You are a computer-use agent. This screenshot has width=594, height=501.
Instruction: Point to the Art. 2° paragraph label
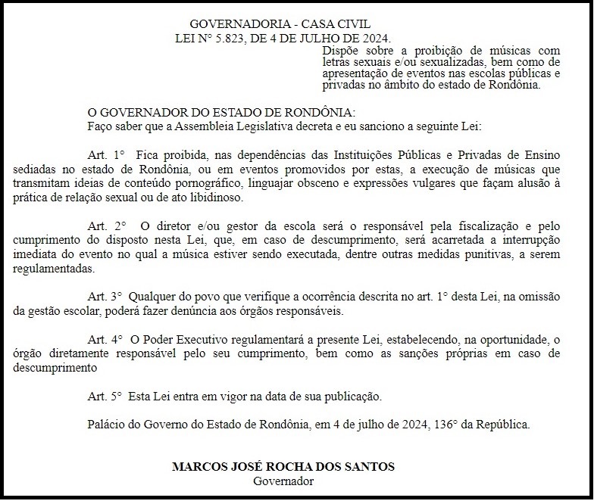[107, 226]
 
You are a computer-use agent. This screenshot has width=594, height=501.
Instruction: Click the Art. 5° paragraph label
[105, 396]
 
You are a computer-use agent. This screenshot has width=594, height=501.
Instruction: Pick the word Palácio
[108, 424]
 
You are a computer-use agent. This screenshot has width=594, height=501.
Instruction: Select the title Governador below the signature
[283, 481]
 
